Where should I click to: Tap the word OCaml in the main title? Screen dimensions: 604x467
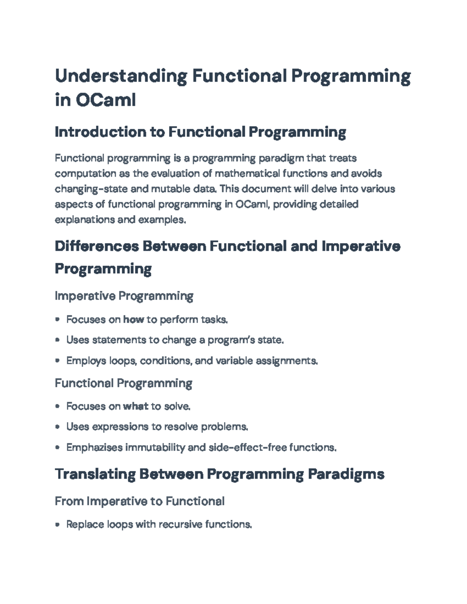[105, 100]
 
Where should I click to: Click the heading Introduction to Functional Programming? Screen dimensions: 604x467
[200, 132]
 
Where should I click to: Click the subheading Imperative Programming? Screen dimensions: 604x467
[124, 296]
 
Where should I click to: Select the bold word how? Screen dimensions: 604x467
[133, 320]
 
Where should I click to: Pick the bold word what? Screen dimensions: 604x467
[135, 406]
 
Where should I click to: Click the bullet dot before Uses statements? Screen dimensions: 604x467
[58, 340]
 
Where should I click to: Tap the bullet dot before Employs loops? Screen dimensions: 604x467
[58, 361]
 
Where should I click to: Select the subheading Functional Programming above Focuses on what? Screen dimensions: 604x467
[123, 383]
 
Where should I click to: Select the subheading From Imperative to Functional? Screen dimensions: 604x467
[139, 501]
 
